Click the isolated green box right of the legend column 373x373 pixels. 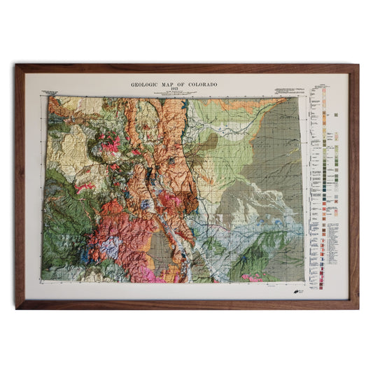(337, 113)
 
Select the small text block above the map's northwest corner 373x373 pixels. (50, 92)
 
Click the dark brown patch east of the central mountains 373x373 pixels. (208, 143)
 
